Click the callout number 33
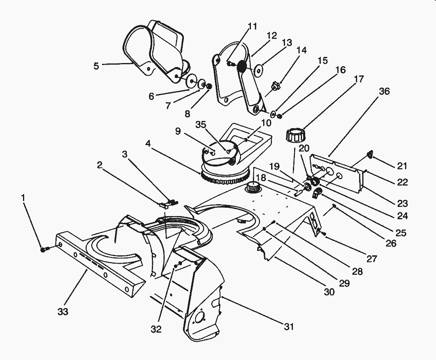(x=63, y=312)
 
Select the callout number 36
(x=384, y=92)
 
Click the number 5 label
(x=96, y=66)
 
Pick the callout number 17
(x=358, y=79)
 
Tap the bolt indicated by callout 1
(x=44, y=249)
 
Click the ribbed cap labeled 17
(x=294, y=137)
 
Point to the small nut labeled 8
(x=209, y=86)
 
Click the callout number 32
(x=157, y=329)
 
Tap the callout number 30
(x=329, y=292)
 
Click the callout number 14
(x=301, y=50)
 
